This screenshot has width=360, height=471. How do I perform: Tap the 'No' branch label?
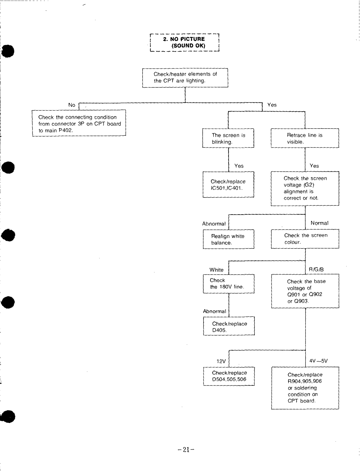[x=72, y=105]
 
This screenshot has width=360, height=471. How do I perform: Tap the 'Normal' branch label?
[x=319, y=223]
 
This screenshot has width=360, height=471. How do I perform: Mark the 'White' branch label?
[x=217, y=270]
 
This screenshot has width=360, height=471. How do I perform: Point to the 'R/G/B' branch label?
[x=316, y=269]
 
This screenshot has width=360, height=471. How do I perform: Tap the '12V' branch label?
[x=221, y=361]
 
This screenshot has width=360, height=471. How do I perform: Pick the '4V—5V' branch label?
[x=318, y=361]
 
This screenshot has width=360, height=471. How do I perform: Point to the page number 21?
[x=186, y=449]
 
